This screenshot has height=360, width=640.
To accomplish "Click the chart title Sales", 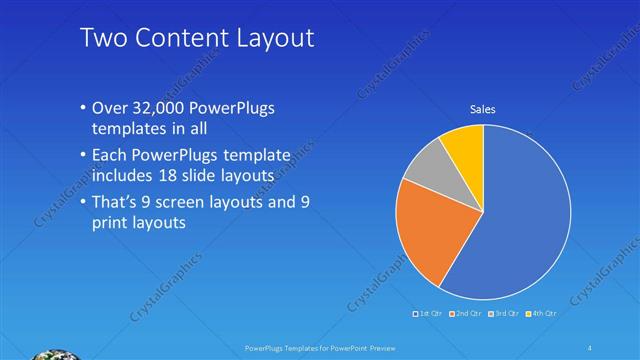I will (483, 110).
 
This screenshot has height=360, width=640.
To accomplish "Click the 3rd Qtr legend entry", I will (502, 314).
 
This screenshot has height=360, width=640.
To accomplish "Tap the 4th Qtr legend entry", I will (540, 314).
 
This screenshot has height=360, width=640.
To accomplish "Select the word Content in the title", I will (177, 38).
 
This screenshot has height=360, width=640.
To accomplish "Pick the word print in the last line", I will (111, 223).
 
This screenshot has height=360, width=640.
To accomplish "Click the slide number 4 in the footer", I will (591, 347).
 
